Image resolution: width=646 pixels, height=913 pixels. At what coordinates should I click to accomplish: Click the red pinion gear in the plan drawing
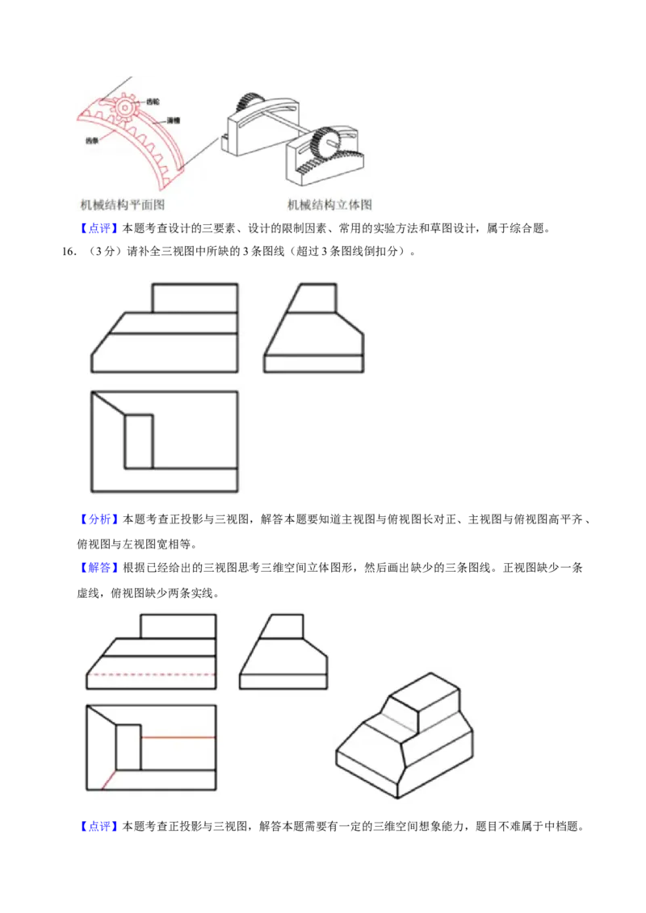pos(126,107)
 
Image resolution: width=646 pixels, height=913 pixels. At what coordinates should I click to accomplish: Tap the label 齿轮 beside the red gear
pos(153,102)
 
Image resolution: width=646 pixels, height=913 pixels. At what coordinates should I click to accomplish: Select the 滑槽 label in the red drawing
pos(173,120)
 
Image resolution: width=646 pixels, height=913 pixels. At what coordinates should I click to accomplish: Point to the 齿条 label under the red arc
pos(92,140)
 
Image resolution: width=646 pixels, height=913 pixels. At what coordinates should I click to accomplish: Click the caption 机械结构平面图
pos(123,205)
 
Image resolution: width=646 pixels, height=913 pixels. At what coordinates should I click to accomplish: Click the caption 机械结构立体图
pos(330,205)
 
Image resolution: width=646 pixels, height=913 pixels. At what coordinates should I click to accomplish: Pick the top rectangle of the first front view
pos(195,298)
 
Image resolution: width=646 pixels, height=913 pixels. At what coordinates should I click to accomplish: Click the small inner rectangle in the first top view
pos(138,441)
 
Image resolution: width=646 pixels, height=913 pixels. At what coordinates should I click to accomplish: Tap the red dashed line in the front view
pos(151,673)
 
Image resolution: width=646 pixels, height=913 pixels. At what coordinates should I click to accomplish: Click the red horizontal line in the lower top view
pos(178,737)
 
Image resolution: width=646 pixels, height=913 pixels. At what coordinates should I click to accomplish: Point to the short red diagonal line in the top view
pos(103,778)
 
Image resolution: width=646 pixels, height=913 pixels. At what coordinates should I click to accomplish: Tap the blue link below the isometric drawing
pos(99,827)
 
